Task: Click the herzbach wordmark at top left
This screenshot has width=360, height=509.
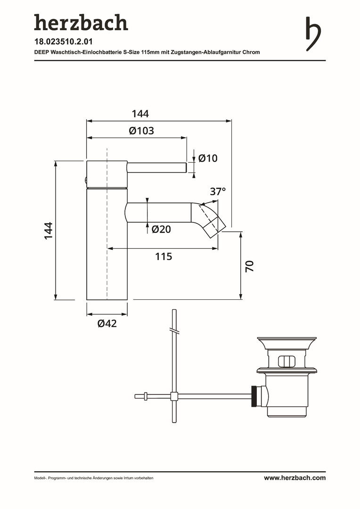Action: pos(81,23)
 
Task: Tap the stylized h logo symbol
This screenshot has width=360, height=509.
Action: pos(313,34)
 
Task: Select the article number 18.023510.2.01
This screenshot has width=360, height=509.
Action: pos(64,42)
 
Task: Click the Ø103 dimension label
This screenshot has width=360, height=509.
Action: pos(141,131)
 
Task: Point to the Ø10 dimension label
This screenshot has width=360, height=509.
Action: pos(208,158)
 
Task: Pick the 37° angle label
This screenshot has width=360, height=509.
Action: pos(218,191)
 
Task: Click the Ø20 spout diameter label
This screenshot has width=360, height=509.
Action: pos(161,229)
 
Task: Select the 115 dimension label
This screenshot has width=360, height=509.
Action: pos(164,256)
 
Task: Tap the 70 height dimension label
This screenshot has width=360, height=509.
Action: pos(249,266)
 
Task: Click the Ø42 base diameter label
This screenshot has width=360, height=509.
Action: pos(107,323)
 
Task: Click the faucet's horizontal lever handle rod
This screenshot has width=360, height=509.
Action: pos(156,167)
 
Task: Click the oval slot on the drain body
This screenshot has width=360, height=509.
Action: pos(286,361)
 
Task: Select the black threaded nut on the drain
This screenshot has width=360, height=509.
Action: pos(255,396)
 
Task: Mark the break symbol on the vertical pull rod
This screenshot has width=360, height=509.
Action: pos(174,330)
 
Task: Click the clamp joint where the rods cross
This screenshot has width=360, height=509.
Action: pos(174,396)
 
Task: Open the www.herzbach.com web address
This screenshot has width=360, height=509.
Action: pos(295,478)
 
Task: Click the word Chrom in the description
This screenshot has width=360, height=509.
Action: pos(251,52)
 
